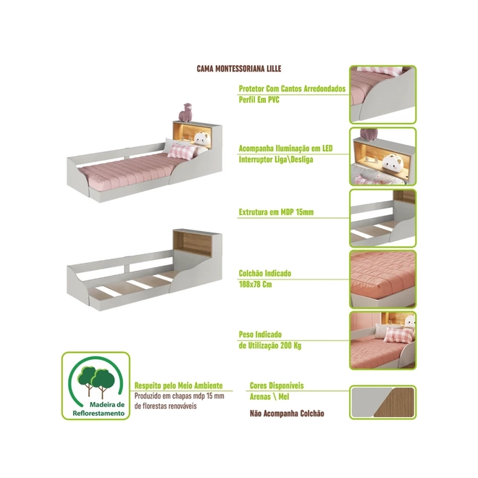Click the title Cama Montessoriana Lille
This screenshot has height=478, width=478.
point(239,69)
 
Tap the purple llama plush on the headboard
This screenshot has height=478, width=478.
point(185,112)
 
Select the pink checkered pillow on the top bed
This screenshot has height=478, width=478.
point(182,151)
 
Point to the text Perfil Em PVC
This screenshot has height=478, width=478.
point(259,100)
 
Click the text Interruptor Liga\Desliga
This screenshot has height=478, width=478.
point(276,159)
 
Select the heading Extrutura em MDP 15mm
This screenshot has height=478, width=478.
point(276,212)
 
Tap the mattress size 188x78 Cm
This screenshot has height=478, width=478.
point(255,285)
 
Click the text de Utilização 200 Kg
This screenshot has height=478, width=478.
point(270,345)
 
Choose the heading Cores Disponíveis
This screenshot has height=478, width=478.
point(277,385)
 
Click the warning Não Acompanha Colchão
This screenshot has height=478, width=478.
point(287,414)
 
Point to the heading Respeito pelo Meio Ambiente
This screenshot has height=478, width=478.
point(179,385)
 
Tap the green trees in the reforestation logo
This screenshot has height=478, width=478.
point(96,381)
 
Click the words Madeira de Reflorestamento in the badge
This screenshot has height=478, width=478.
point(98,409)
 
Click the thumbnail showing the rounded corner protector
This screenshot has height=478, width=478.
point(382,94)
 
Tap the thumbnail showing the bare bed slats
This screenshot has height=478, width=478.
point(382,218)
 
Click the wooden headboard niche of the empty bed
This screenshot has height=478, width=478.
point(192,244)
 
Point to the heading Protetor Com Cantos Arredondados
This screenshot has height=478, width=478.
point(292,88)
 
